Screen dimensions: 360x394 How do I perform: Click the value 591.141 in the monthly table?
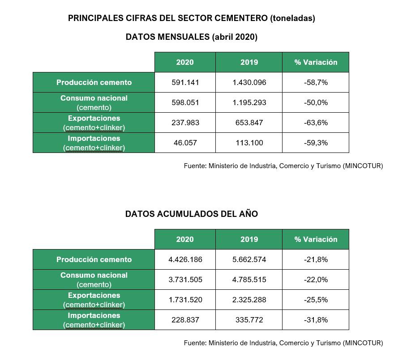pos(185,82)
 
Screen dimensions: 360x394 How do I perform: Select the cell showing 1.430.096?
pos(249,82)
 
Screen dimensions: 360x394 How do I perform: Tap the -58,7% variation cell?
pos(315,82)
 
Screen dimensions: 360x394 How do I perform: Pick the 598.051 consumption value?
pos(185,102)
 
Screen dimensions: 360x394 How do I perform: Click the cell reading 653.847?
pos(249,123)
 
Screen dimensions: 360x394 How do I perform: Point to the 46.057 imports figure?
pos(185,143)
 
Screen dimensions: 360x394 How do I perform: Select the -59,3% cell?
pos(315,143)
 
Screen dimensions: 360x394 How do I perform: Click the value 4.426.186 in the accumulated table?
pos(185,259)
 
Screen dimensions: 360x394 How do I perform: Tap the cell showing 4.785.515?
pos(249,280)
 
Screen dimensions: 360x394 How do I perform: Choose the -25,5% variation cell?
pos(315,300)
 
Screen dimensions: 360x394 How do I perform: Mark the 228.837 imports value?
pos(185,320)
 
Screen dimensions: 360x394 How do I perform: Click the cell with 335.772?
pos(249,320)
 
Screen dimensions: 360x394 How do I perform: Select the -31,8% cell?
pos(315,320)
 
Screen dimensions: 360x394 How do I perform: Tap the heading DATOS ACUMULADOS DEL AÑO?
pos(192,214)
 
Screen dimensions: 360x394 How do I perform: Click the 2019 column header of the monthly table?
pos(249,62)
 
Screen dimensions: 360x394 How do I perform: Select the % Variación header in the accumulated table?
pos(315,239)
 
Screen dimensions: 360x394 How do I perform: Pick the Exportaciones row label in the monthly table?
pos(94,119)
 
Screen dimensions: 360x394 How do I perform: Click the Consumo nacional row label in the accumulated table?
pos(94,275)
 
